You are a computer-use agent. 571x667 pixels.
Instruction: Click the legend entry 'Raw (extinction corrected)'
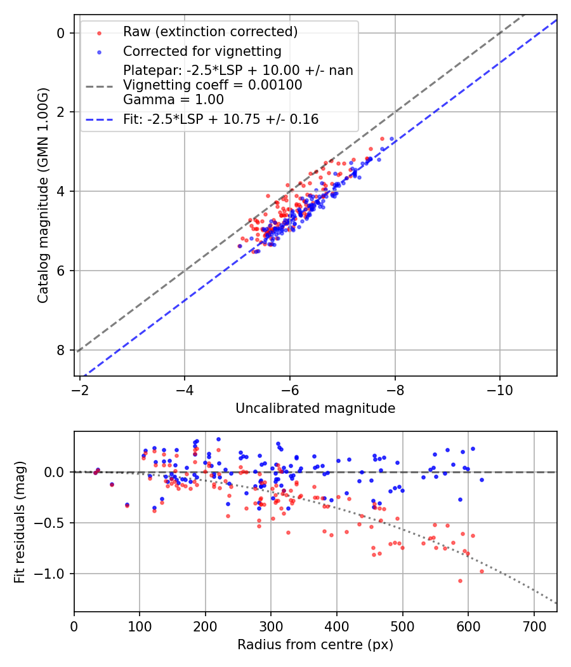tap(210, 32)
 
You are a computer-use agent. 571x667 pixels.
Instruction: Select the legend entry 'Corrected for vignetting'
tap(202, 51)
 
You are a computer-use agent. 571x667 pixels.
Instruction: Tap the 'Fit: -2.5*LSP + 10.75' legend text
tap(221, 119)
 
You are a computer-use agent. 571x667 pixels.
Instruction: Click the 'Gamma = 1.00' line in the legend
tap(173, 99)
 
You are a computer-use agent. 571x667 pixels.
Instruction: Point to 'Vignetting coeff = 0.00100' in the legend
tap(213, 84)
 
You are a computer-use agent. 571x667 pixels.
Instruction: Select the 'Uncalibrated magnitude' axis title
tap(315, 408)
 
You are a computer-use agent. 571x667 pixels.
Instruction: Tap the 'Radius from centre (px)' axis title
tap(315, 645)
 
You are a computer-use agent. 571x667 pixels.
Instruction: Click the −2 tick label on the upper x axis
tap(79, 387)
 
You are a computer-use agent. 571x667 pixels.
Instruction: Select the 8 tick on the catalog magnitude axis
tap(61, 350)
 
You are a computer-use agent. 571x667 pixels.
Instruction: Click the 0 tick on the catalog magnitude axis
tap(61, 33)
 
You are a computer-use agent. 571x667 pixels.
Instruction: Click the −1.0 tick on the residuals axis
tap(53, 574)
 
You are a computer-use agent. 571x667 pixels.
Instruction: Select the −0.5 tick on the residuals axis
tap(53, 523)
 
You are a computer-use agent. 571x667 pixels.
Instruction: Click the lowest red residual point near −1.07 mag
tap(460, 581)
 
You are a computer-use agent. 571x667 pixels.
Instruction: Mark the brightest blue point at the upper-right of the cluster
tap(391, 138)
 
